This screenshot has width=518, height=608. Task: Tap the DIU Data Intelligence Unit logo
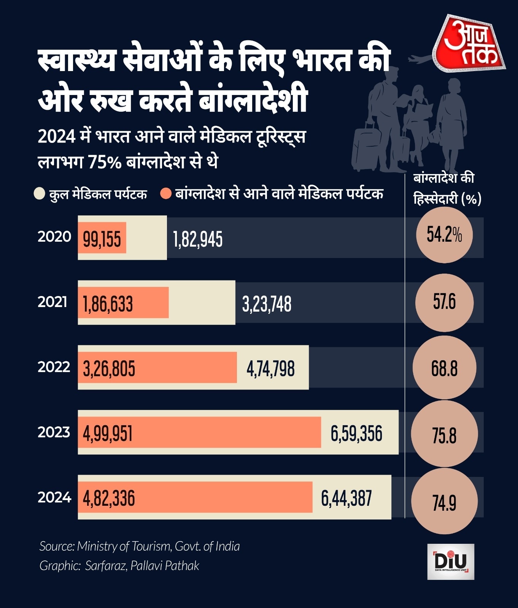451,561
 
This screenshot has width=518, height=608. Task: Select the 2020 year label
54,237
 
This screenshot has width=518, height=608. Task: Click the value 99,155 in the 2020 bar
102,239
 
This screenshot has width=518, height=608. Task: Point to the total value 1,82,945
198,239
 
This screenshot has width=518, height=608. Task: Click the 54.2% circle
444,235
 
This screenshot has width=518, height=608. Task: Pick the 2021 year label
52,302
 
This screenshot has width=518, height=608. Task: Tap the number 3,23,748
267,304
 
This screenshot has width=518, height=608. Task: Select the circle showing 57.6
444,302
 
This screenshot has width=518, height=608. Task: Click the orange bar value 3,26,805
109,369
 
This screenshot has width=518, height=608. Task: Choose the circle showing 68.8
444,368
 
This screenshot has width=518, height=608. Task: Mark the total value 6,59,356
356,434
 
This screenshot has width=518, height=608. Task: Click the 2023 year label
54,432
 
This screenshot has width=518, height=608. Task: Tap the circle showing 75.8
444,435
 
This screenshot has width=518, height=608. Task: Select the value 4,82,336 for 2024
109,499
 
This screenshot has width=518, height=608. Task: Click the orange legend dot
166,194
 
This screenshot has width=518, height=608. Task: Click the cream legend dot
40,194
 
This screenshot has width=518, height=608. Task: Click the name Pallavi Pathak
165,566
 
